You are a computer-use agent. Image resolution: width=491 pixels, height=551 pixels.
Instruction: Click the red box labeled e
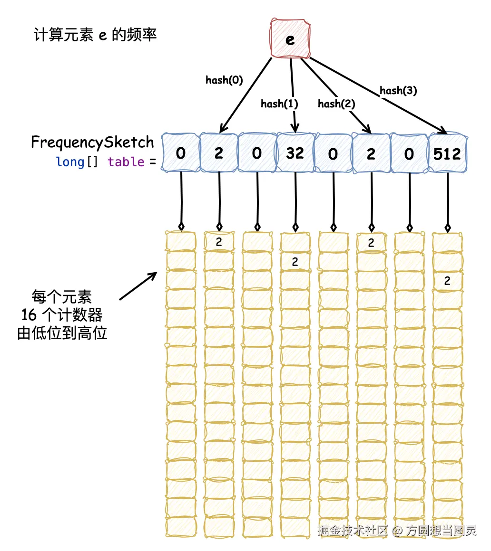(x=290, y=38)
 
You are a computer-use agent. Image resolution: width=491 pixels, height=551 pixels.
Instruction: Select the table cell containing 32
(x=295, y=153)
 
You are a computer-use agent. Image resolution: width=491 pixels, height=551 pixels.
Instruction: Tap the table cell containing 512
(x=447, y=153)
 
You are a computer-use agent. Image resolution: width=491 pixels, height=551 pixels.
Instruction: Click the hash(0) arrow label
(x=224, y=80)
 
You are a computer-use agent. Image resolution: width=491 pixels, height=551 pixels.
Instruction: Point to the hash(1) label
(x=279, y=104)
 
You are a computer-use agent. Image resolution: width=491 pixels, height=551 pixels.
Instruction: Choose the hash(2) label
(x=336, y=104)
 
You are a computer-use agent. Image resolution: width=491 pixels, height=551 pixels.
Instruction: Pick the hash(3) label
(x=398, y=90)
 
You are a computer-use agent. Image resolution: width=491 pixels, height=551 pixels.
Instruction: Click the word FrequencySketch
(x=92, y=142)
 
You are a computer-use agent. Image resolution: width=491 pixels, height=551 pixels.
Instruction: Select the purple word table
(x=126, y=162)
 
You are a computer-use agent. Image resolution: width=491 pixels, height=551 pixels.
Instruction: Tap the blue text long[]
(x=77, y=162)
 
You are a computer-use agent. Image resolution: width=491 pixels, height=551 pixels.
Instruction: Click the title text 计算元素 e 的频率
(x=95, y=35)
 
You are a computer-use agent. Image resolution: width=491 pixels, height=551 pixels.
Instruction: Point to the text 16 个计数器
(x=62, y=315)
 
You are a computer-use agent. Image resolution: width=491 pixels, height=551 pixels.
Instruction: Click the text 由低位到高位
(x=62, y=333)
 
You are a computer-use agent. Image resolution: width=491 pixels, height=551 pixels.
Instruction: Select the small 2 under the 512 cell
(x=447, y=281)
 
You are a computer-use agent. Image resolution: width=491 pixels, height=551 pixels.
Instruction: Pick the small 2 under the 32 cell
(x=295, y=262)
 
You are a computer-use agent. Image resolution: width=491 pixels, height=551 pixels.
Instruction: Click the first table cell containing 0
(x=181, y=153)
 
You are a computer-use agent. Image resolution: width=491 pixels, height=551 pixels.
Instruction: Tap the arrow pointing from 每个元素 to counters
(x=138, y=286)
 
